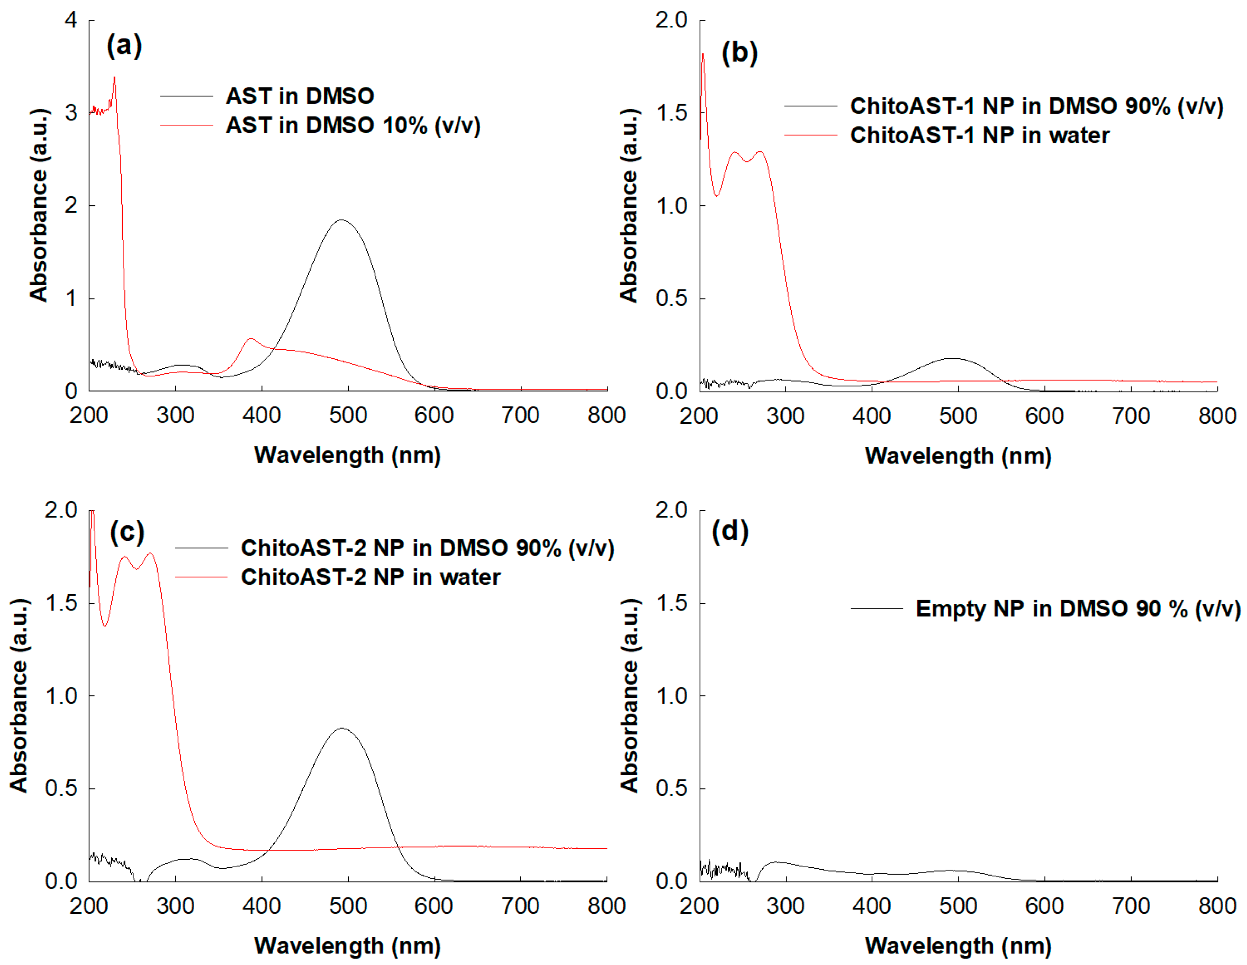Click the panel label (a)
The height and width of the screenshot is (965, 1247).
(x=124, y=45)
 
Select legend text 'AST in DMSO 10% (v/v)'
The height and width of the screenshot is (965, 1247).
(x=353, y=125)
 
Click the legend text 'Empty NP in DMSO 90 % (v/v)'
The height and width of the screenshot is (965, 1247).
(x=1077, y=608)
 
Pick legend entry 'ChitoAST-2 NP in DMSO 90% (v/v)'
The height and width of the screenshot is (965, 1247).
(x=427, y=548)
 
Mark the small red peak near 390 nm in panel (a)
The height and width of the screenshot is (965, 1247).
(x=251, y=339)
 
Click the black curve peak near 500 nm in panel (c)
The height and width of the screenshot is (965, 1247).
(x=341, y=729)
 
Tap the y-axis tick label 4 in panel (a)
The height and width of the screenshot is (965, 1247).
(x=71, y=20)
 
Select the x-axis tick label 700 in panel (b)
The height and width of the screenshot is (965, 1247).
(x=1131, y=416)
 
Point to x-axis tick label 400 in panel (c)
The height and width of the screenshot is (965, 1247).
(x=261, y=906)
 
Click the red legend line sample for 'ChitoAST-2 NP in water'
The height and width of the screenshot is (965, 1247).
(x=201, y=577)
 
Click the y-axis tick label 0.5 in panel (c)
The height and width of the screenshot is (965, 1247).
(x=61, y=788)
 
